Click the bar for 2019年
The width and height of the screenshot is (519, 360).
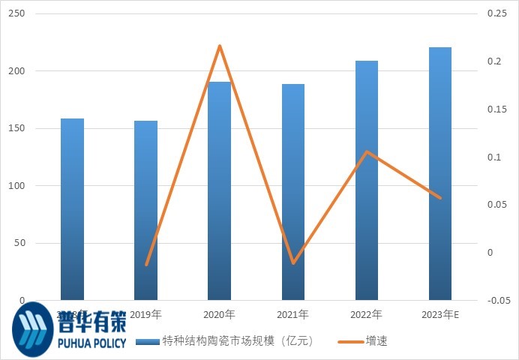[x=145, y=210]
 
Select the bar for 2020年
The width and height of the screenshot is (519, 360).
[x=220, y=190]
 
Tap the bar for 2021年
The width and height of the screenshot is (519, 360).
[x=293, y=192]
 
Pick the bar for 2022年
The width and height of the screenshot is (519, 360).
[x=367, y=180]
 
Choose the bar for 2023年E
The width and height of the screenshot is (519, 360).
[x=440, y=173]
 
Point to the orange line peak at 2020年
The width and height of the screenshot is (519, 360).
[x=220, y=46]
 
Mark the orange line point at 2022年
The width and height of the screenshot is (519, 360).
[x=367, y=151]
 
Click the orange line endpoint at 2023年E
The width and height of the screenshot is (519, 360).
[x=440, y=198]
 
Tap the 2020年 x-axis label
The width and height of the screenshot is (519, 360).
[x=220, y=314]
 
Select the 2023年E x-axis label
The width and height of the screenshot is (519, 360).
[x=440, y=314]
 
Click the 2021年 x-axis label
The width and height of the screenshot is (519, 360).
[x=293, y=314]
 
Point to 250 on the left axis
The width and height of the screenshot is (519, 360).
[x=16, y=14]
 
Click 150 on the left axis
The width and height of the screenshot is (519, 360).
[x=16, y=128]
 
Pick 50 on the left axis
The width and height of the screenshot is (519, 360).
[x=19, y=243]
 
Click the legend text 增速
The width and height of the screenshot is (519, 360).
[x=376, y=341]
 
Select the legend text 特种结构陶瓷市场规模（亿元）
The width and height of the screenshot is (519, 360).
[x=237, y=341]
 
